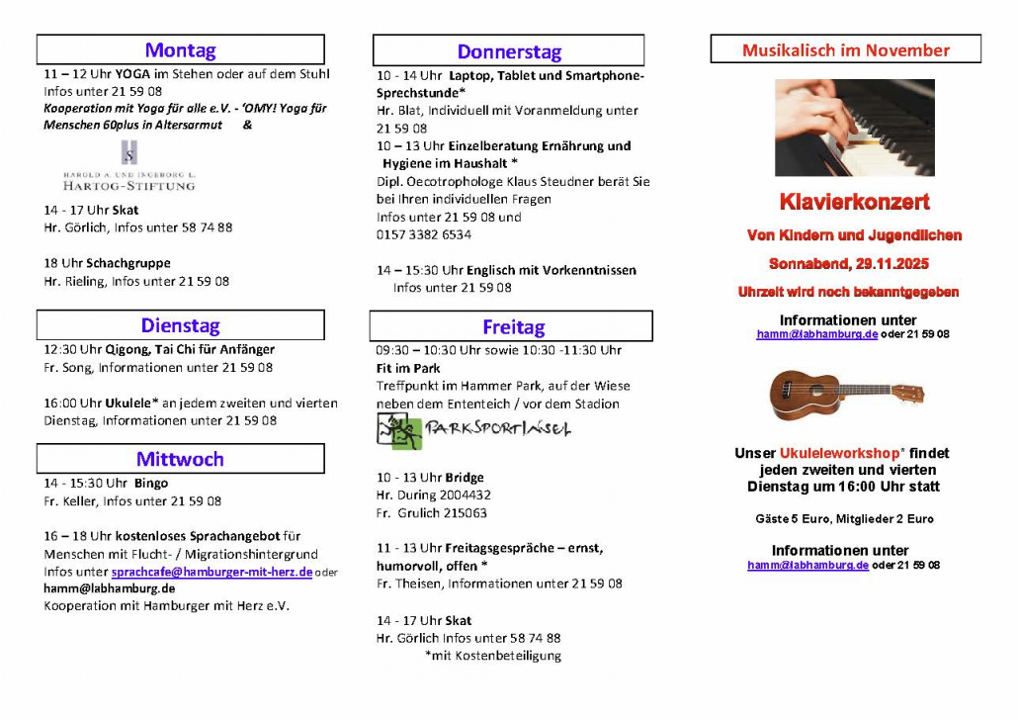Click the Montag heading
(180, 49)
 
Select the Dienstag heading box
(180, 325)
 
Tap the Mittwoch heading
(180, 459)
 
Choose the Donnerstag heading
(508, 51)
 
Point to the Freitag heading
(513, 326)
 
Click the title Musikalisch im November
(845, 49)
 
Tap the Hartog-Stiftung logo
(129, 167)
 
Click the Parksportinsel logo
(474, 430)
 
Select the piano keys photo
(854, 128)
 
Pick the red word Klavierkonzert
(854, 203)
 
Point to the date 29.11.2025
(892, 264)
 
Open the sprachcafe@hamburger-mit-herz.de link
(212, 572)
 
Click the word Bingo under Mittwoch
(151, 484)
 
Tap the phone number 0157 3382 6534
(424, 234)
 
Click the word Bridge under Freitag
(465, 478)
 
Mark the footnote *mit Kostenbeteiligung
(492, 655)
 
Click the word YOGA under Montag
(132, 74)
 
